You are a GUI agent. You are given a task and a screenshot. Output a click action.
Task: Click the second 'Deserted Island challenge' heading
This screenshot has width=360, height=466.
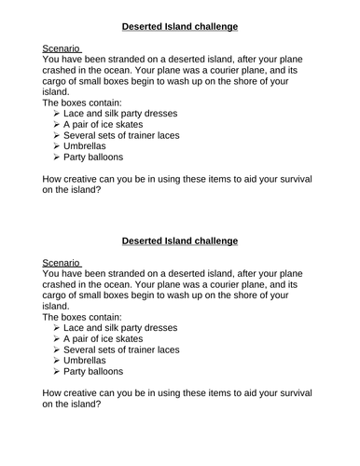[x=179, y=241]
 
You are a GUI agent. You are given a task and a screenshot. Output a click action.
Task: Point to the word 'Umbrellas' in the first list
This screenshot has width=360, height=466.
[x=87, y=146]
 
